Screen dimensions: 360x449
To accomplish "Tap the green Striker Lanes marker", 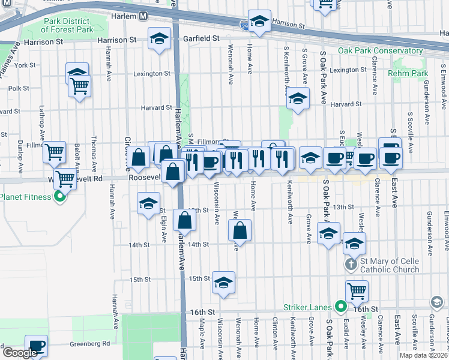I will click(341, 307).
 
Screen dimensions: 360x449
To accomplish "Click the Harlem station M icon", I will click(143, 16).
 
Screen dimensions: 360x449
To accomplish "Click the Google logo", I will click(19, 353).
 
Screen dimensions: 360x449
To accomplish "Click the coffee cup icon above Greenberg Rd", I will click(37, 345).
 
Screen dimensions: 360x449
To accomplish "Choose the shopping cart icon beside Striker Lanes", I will click(357, 291).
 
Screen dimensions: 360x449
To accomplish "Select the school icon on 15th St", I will click(223, 282).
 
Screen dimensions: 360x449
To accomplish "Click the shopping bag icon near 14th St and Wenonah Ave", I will click(240, 230).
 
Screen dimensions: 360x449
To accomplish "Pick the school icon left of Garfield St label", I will click(159, 40).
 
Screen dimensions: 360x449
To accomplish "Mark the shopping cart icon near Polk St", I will click(79, 86).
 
